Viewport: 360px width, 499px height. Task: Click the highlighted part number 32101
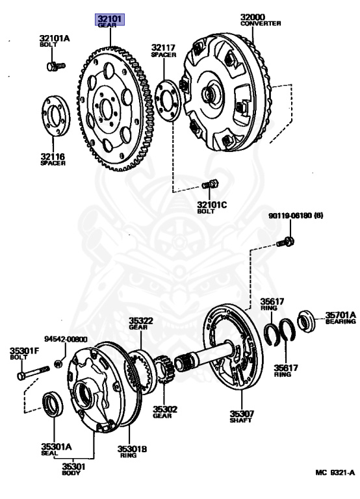tap(110, 19)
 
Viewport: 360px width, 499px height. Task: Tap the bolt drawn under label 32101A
tap(56, 66)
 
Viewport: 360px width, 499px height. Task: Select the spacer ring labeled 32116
tap(56, 116)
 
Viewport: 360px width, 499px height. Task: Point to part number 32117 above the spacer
tap(163, 47)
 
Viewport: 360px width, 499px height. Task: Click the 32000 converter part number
tap(253, 17)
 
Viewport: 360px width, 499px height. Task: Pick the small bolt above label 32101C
tap(210, 185)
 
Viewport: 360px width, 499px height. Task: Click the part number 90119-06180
tap(290, 216)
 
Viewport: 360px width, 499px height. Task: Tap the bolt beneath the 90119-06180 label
tap(285, 242)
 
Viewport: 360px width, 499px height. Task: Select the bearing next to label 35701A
tap(306, 322)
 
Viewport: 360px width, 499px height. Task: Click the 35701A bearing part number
tap(341, 314)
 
